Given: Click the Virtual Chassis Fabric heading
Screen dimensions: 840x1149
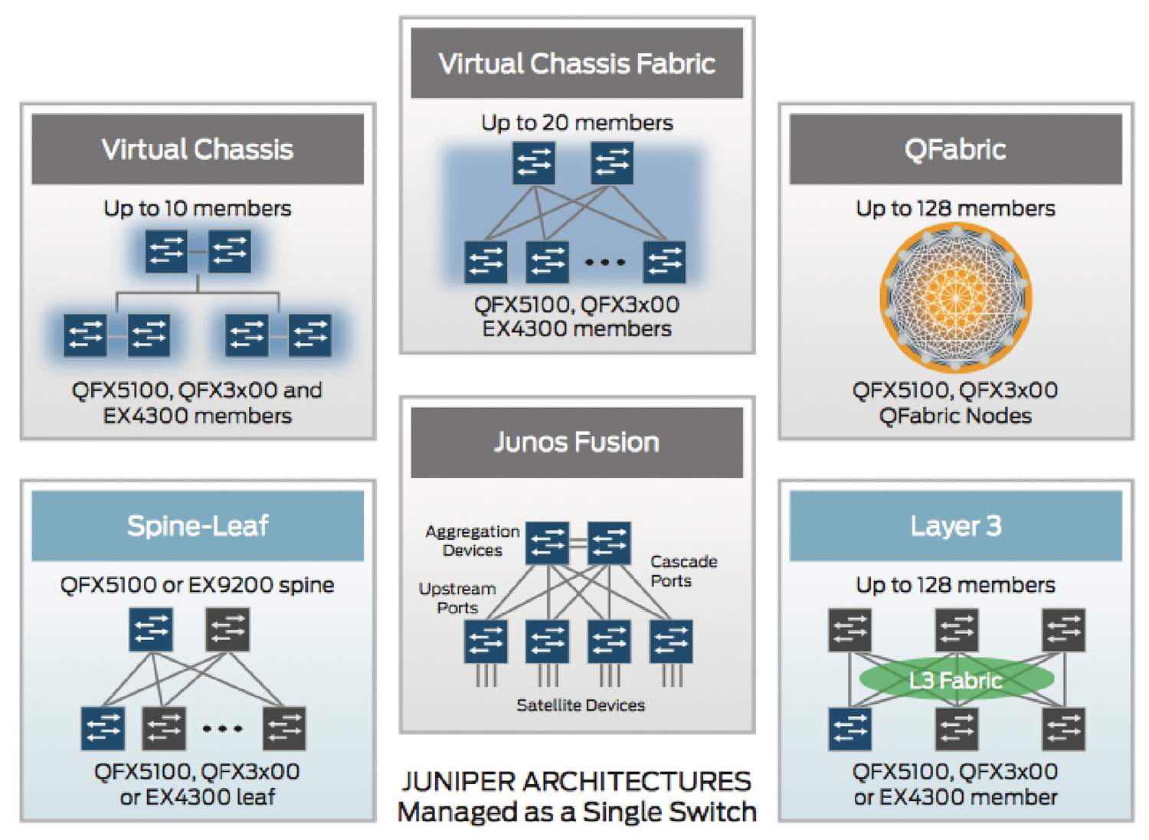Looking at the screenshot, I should (577, 64).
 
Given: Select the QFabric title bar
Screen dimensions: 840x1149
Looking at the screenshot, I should (955, 149).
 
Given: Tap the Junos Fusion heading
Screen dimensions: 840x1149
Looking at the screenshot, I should (577, 443).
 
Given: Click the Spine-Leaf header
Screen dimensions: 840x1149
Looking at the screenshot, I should (198, 526).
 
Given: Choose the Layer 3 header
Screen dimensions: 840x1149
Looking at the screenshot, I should (955, 526).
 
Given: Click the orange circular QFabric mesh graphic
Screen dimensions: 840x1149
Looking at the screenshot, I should (956, 297).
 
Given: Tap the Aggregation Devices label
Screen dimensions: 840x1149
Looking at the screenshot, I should (473, 541).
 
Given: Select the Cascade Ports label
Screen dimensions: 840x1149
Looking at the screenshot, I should (683, 571).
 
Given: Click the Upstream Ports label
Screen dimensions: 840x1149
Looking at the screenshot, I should (457, 598).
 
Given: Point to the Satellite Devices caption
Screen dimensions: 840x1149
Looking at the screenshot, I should (581, 705).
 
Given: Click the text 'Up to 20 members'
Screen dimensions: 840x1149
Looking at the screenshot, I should (577, 123).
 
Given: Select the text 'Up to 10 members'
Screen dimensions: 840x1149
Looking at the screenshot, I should (198, 208).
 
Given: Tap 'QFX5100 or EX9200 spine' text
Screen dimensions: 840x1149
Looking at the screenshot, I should (198, 585).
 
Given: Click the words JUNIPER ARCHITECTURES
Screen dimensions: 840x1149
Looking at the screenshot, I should (577, 781).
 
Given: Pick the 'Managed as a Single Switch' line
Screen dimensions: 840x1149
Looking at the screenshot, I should (577, 812).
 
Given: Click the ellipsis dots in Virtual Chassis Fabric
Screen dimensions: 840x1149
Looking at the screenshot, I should (605, 262).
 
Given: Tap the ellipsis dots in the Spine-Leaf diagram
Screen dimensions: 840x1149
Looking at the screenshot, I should (222, 728).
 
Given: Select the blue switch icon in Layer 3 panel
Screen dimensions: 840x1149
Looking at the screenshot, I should (850, 728).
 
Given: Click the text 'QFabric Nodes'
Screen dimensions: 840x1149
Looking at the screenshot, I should (955, 416).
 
